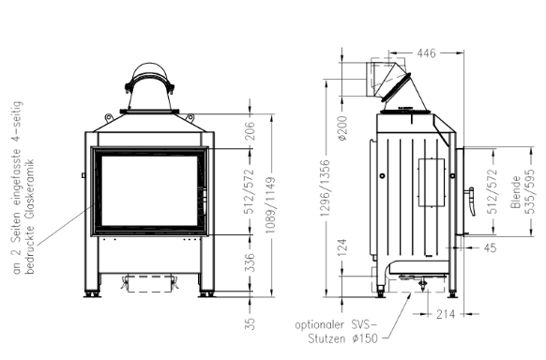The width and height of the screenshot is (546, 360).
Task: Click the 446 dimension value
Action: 426,52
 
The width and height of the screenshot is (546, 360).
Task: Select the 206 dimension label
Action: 250,131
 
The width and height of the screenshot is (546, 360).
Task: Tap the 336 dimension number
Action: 250,262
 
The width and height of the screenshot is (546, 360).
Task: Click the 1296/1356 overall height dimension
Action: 325,187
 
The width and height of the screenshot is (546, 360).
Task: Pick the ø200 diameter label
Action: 342,128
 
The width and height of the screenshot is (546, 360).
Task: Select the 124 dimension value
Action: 342,247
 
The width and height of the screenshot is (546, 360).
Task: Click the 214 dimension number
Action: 446,314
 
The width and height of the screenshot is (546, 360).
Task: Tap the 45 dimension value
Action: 490,247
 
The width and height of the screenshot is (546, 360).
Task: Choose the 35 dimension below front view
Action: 250,323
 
